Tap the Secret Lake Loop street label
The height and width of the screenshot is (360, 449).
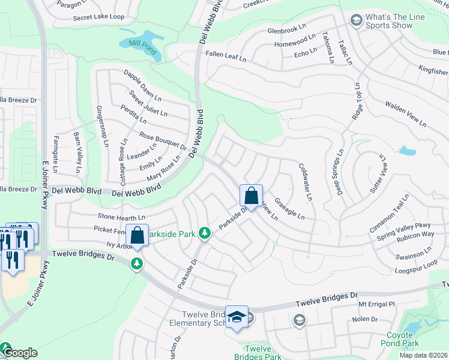(98, 18)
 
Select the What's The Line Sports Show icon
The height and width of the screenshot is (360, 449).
(356, 20)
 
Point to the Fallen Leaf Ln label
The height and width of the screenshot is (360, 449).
(226, 56)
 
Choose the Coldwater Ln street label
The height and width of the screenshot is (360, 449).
(305, 182)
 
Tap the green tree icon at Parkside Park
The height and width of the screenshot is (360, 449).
(205, 232)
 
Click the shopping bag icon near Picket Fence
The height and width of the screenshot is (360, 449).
(137, 235)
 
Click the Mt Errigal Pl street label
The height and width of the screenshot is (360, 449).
(376, 304)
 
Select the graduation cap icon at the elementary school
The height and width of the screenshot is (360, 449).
(237, 316)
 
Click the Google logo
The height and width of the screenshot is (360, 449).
(20, 353)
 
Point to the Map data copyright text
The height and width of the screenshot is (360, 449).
(415, 355)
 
